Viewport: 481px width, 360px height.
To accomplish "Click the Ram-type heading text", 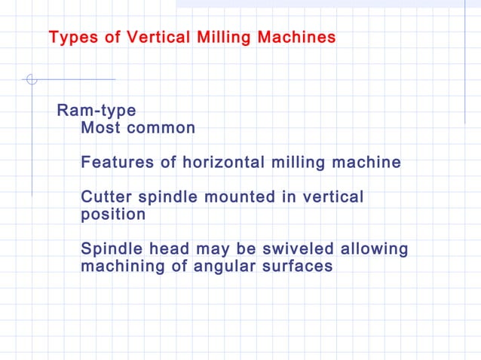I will [97, 111].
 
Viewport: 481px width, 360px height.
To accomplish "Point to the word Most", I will [100, 128].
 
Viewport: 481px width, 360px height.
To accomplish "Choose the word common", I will [161, 128].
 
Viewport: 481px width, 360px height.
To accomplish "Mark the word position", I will [113, 215].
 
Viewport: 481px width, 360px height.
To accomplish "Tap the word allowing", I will [374, 249].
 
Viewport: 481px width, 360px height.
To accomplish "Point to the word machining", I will [121, 267].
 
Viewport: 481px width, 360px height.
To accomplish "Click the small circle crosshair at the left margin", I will [31, 79].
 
